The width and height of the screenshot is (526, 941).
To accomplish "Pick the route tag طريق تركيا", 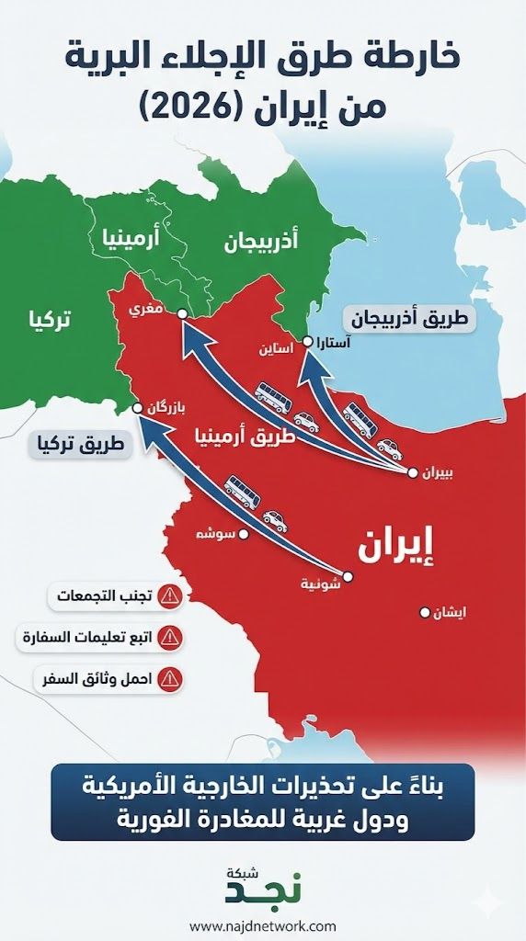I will point(82,446).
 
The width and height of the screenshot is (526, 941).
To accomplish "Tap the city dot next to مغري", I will point(181,313).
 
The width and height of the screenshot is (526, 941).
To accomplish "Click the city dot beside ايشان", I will point(425,612).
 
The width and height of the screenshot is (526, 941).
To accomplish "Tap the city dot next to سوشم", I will point(245,533).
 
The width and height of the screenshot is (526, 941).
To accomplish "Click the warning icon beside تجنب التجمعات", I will point(170,595).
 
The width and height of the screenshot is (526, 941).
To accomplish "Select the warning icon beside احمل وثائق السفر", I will point(170,679).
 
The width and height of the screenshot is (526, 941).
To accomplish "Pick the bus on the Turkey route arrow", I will point(242,492).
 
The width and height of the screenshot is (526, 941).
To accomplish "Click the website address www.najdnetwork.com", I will point(263,925).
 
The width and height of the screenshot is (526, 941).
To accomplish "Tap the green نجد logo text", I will point(262,890).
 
